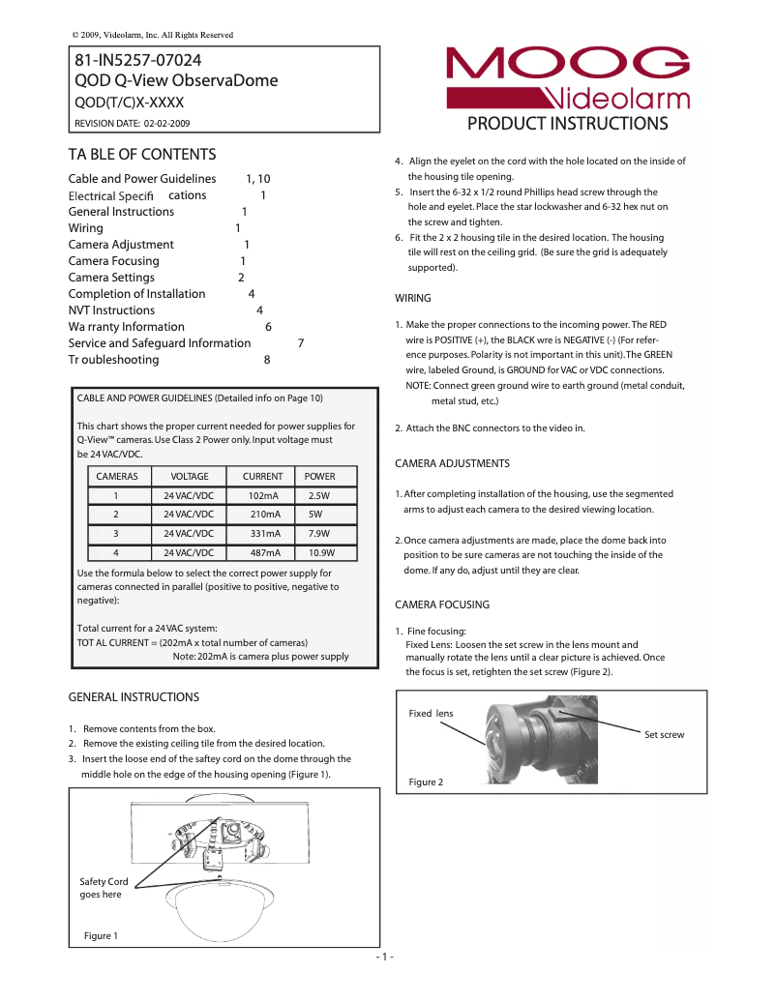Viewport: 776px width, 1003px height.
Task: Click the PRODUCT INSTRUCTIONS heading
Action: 567,124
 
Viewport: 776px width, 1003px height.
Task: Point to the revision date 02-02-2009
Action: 166,124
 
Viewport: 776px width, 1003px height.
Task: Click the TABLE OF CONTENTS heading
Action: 141,155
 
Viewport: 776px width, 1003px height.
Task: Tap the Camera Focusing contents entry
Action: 114,261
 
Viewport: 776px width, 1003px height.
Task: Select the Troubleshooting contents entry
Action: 114,360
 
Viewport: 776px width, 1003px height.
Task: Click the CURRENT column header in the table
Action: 262,477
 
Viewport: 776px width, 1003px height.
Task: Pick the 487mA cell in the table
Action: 264,553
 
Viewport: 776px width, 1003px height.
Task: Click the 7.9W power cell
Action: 319,534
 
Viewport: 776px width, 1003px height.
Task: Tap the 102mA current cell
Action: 264,495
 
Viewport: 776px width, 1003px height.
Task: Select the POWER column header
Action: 319,477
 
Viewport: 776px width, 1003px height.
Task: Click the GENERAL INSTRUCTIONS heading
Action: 134,697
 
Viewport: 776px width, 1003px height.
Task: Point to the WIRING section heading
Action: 413,298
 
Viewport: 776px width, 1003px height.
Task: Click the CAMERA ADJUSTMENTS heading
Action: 452,464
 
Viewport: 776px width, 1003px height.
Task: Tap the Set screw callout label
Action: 664,735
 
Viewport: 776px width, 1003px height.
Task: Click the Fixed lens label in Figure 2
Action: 431,714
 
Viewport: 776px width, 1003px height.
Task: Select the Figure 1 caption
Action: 101,936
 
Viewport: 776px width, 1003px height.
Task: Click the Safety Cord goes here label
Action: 103,888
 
